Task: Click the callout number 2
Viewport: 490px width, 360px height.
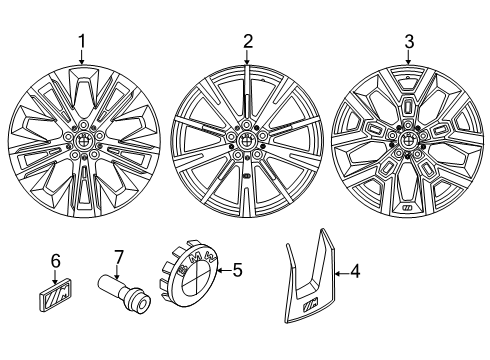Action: coord(247,41)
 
